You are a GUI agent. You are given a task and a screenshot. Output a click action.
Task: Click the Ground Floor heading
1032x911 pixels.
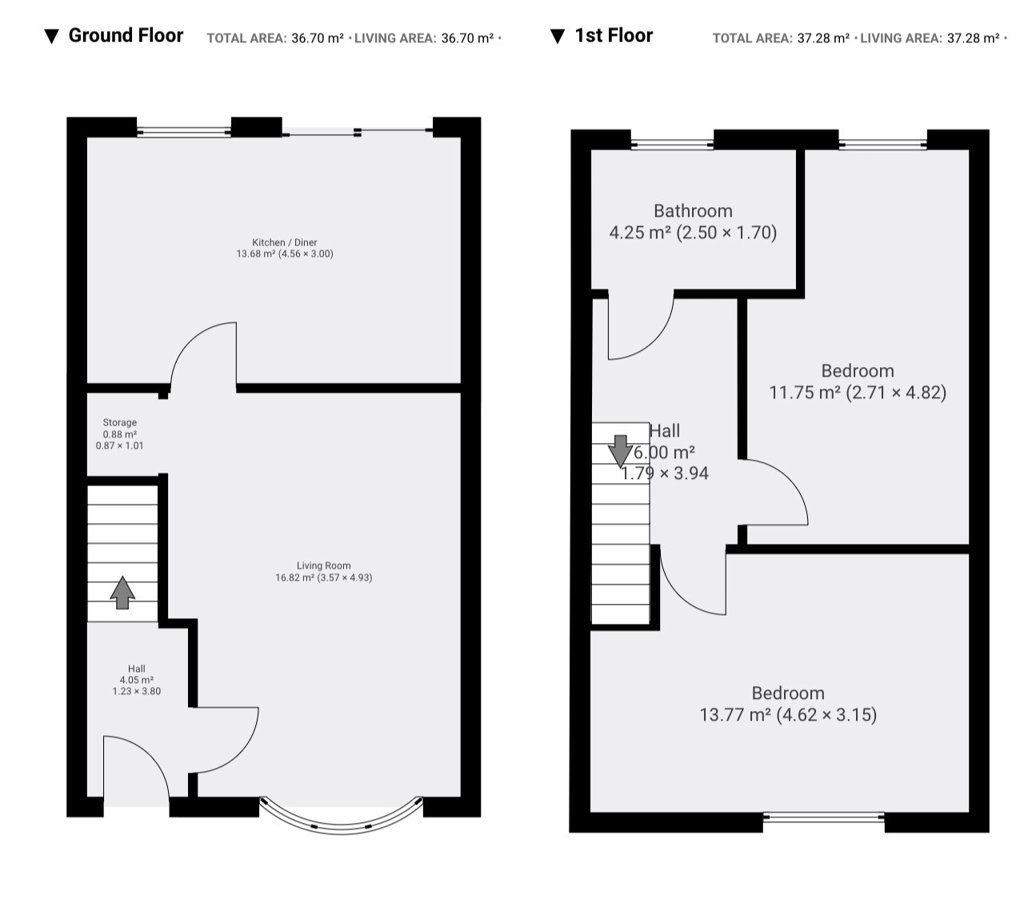[x=126, y=36]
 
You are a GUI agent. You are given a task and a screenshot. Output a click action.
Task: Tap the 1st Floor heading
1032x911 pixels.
[x=613, y=36]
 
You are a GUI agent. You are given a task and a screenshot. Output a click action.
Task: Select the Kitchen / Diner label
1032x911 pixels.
[x=284, y=242]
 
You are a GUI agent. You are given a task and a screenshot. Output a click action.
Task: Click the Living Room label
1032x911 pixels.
[x=323, y=565]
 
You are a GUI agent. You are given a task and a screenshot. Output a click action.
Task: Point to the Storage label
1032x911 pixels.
[x=120, y=422]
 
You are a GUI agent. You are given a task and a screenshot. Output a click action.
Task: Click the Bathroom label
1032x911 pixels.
[x=693, y=211]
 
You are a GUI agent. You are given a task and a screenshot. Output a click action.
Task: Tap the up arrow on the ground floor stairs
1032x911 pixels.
[x=122, y=592]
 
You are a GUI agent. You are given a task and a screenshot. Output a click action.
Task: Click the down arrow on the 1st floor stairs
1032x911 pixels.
[x=620, y=451]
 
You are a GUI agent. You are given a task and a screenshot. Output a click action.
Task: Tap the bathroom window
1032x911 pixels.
[x=672, y=145]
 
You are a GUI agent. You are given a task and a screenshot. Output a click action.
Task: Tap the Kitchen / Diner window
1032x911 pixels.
[x=184, y=132]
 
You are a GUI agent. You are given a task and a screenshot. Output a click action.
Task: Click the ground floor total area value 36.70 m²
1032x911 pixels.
[x=318, y=38]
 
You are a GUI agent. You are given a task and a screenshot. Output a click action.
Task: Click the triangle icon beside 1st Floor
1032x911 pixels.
[x=558, y=36]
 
